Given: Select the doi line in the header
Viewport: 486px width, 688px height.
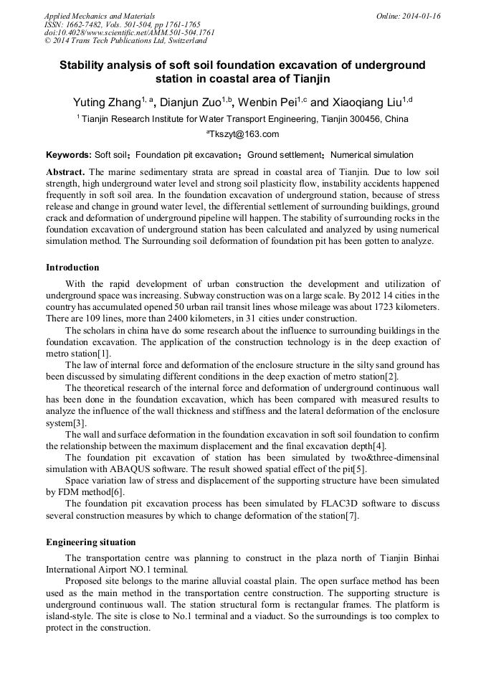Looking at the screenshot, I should (129, 32).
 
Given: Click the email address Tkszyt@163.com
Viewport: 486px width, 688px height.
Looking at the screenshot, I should (244, 134).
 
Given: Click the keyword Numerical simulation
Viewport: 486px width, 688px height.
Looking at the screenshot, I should (372, 155).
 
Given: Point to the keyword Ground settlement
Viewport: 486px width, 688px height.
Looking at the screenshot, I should (284, 155).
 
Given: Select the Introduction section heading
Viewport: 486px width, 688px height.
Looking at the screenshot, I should (72, 268).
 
